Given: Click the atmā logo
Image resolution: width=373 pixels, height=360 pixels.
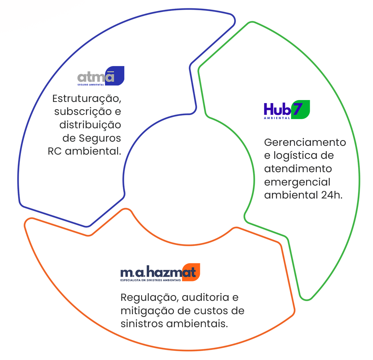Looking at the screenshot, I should tap(100, 76).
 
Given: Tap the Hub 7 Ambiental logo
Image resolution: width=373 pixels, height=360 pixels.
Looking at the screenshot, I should tap(286, 110).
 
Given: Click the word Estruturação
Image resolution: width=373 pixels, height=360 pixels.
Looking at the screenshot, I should tap(87, 98).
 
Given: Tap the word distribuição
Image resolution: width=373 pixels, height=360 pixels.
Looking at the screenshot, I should tap(90, 125).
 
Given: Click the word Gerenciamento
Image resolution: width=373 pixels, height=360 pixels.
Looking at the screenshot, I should tap(305, 143).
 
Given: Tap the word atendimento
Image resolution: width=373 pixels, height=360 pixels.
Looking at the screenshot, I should tap(298, 169).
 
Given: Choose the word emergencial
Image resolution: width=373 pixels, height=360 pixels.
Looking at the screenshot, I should tap(297, 182).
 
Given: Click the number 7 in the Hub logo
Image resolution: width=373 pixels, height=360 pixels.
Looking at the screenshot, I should tap(297, 109).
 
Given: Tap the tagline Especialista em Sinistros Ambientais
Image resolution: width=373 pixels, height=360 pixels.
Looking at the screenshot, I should tap(151, 280).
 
